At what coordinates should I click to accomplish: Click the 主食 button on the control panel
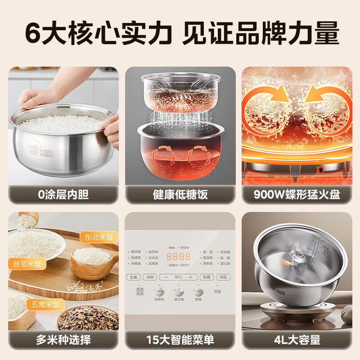tap(133, 277)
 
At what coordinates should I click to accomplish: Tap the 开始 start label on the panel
tap(218, 292)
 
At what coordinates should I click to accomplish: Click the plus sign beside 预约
tap(190, 277)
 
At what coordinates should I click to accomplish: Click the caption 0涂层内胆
tap(63, 194)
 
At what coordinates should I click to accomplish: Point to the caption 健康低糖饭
tap(180, 194)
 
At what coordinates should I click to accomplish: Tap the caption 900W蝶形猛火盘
tap(297, 194)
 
